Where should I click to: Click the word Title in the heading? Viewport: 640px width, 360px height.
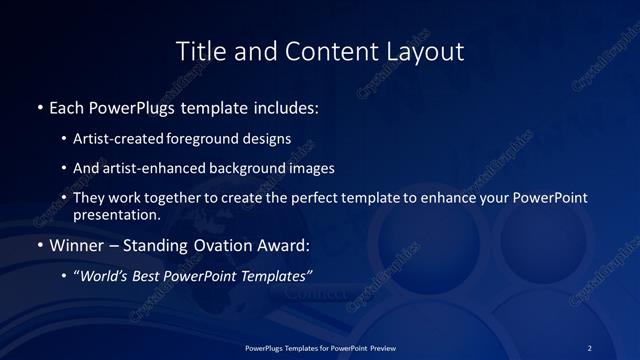[200, 51]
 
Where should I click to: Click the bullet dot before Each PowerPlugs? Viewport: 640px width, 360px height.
[39, 106]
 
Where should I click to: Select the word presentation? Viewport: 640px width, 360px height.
[115, 215]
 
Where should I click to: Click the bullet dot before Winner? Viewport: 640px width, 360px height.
[39, 245]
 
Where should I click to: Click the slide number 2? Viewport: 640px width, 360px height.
[590, 347]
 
